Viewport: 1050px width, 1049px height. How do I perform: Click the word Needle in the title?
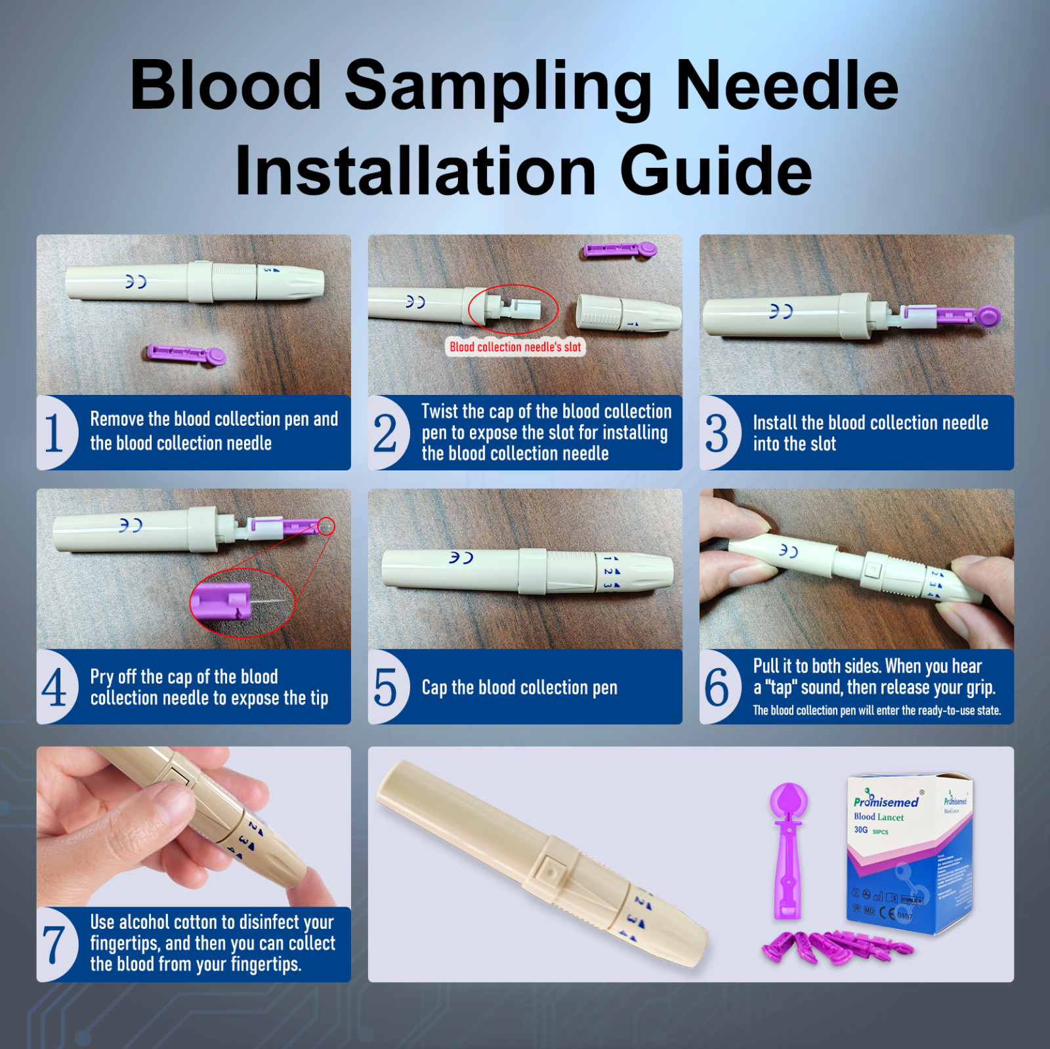click(786, 85)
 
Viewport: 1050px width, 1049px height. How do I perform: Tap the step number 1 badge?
click(54, 433)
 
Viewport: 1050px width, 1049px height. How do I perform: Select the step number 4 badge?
click(54, 687)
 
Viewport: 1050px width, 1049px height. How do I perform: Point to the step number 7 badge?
click(54, 945)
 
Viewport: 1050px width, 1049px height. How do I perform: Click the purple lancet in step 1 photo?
click(186, 354)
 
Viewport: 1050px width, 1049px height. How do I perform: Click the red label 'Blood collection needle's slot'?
click(515, 347)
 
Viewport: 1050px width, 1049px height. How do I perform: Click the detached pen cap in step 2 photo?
click(627, 313)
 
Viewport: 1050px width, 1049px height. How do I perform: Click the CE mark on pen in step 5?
click(461, 558)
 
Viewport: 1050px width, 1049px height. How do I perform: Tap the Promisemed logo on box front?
click(886, 802)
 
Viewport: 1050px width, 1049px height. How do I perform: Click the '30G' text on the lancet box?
click(861, 830)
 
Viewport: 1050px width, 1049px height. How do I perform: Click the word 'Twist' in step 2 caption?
click(440, 411)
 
